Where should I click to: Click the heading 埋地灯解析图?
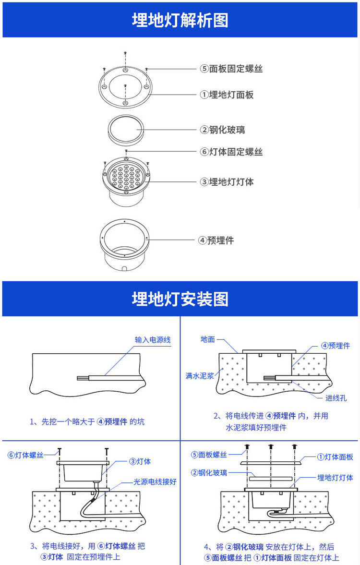pos(180,21)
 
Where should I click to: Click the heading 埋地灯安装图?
pos(180,299)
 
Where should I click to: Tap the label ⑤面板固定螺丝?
pos(231,69)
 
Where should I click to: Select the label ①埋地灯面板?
pos(227,95)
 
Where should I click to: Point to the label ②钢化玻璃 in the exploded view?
pos(223,130)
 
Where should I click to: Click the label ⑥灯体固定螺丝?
pos(231,152)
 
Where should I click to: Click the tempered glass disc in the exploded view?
pos(125,130)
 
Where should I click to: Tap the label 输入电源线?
pos(153,340)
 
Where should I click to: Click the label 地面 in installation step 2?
pos(208,339)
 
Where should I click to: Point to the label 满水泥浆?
pos(199,376)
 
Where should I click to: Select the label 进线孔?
pos(336,398)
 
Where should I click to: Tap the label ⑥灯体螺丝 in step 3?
pos(26,455)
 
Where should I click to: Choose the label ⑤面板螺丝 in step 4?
pos(209,455)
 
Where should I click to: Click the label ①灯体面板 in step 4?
pos(335,457)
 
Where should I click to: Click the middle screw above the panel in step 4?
pos(270,447)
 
